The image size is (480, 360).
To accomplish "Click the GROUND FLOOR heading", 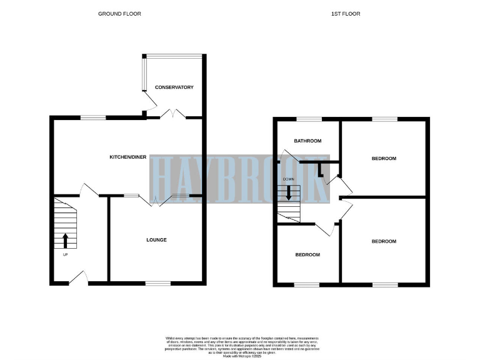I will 119,13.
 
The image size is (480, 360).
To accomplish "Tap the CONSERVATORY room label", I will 174,87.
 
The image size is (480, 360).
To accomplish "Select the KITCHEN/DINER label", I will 128,157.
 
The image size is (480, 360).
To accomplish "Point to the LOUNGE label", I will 156,240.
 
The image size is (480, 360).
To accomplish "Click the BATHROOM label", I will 308,141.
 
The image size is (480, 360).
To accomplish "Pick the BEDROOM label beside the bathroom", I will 384,159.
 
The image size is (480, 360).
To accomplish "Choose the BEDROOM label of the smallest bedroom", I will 307,255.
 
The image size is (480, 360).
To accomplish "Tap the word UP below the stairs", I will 65,255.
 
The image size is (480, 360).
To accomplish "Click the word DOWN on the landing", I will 289,179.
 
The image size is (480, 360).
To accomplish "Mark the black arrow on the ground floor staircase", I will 66,241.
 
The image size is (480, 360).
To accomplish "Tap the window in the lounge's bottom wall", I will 158,284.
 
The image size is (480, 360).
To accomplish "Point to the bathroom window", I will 308,119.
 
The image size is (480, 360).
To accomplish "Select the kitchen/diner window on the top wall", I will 92,117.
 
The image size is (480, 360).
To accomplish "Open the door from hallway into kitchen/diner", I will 86,190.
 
